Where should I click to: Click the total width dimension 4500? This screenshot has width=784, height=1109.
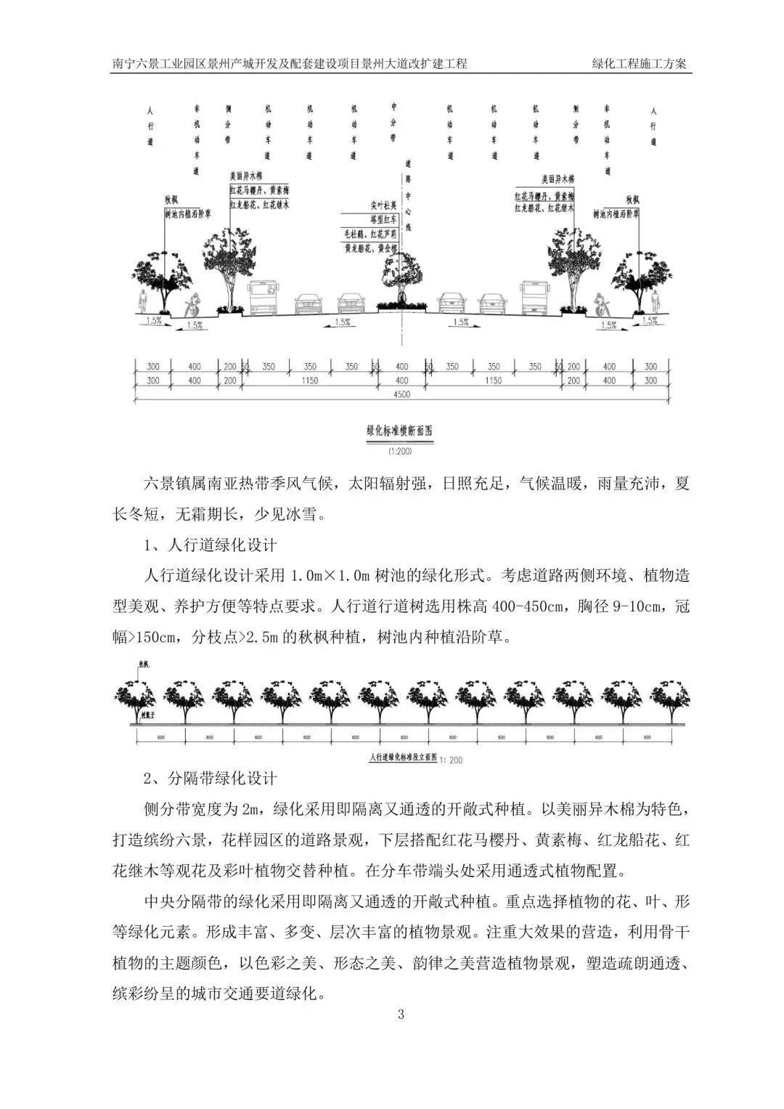tap(401, 394)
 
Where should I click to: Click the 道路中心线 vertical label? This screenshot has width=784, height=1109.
tap(408, 196)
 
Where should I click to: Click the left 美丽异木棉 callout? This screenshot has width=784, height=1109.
tap(249, 176)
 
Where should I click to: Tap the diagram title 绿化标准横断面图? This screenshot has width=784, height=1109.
tap(400, 431)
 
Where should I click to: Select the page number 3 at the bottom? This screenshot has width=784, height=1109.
tap(400, 1015)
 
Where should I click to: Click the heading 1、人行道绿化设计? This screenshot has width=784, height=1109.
tap(211, 545)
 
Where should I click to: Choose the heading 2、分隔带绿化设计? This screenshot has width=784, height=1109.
tap(211, 779)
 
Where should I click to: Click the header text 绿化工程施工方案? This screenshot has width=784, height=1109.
tap(639, 64)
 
